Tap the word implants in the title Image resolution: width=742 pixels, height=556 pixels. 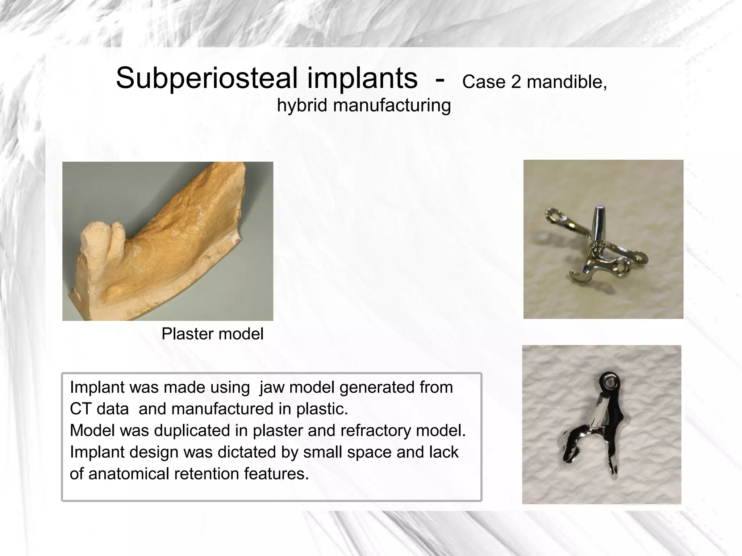pos(362,79)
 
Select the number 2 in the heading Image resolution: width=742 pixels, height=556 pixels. pos(516,82)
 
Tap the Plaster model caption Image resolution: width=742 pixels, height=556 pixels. pos(212,334)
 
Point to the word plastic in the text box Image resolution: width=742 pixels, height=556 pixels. pos(322,409)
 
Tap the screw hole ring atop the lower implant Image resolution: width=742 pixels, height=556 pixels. pos(608,380)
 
